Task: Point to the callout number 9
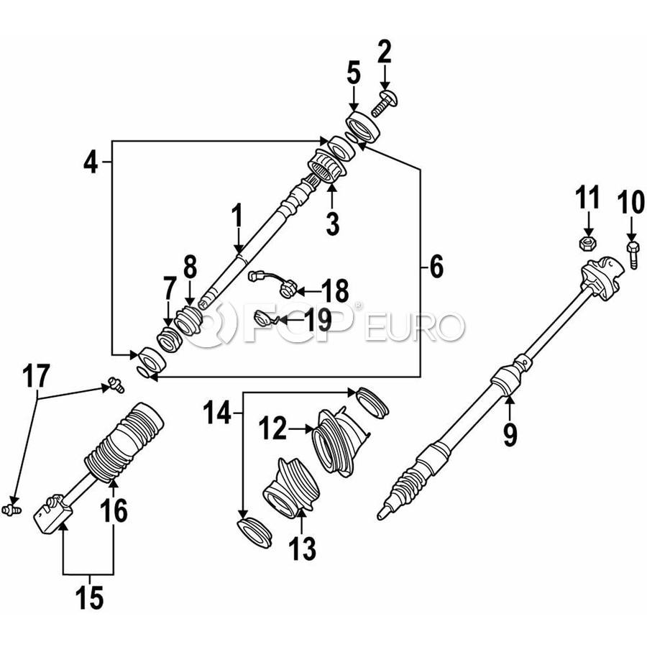510,435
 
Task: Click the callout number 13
303,549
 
